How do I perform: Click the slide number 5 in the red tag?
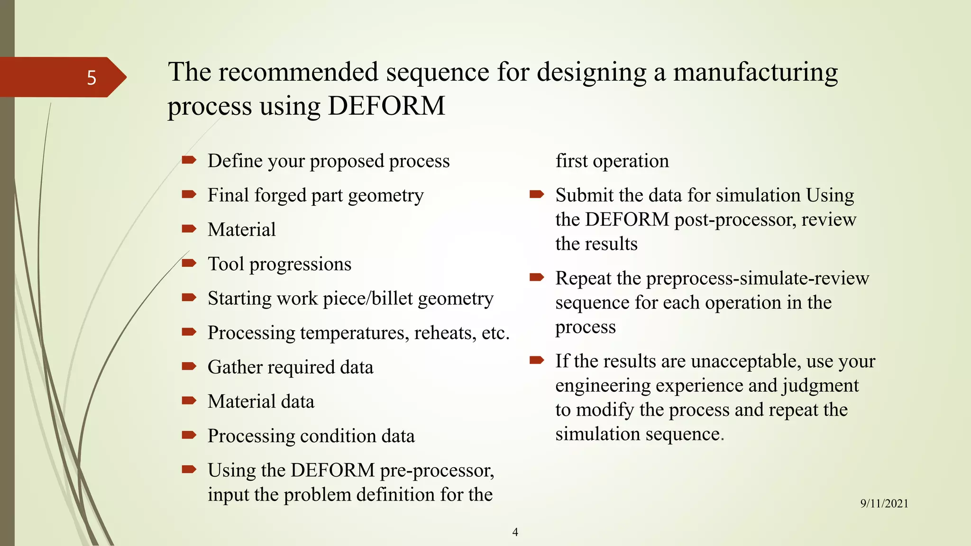pos(92,78)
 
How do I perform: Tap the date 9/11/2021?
pos(884,503)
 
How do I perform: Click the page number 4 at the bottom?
pos(515,532)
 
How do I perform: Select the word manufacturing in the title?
pos(755,73)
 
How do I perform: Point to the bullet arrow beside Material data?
pos(189,400)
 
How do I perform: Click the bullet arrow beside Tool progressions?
pos(189,263)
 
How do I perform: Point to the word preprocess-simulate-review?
pos(757,278)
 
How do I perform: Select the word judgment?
pos(820,386)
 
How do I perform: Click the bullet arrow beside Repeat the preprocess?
pos(536,277)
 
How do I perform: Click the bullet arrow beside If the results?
pos(536,360)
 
